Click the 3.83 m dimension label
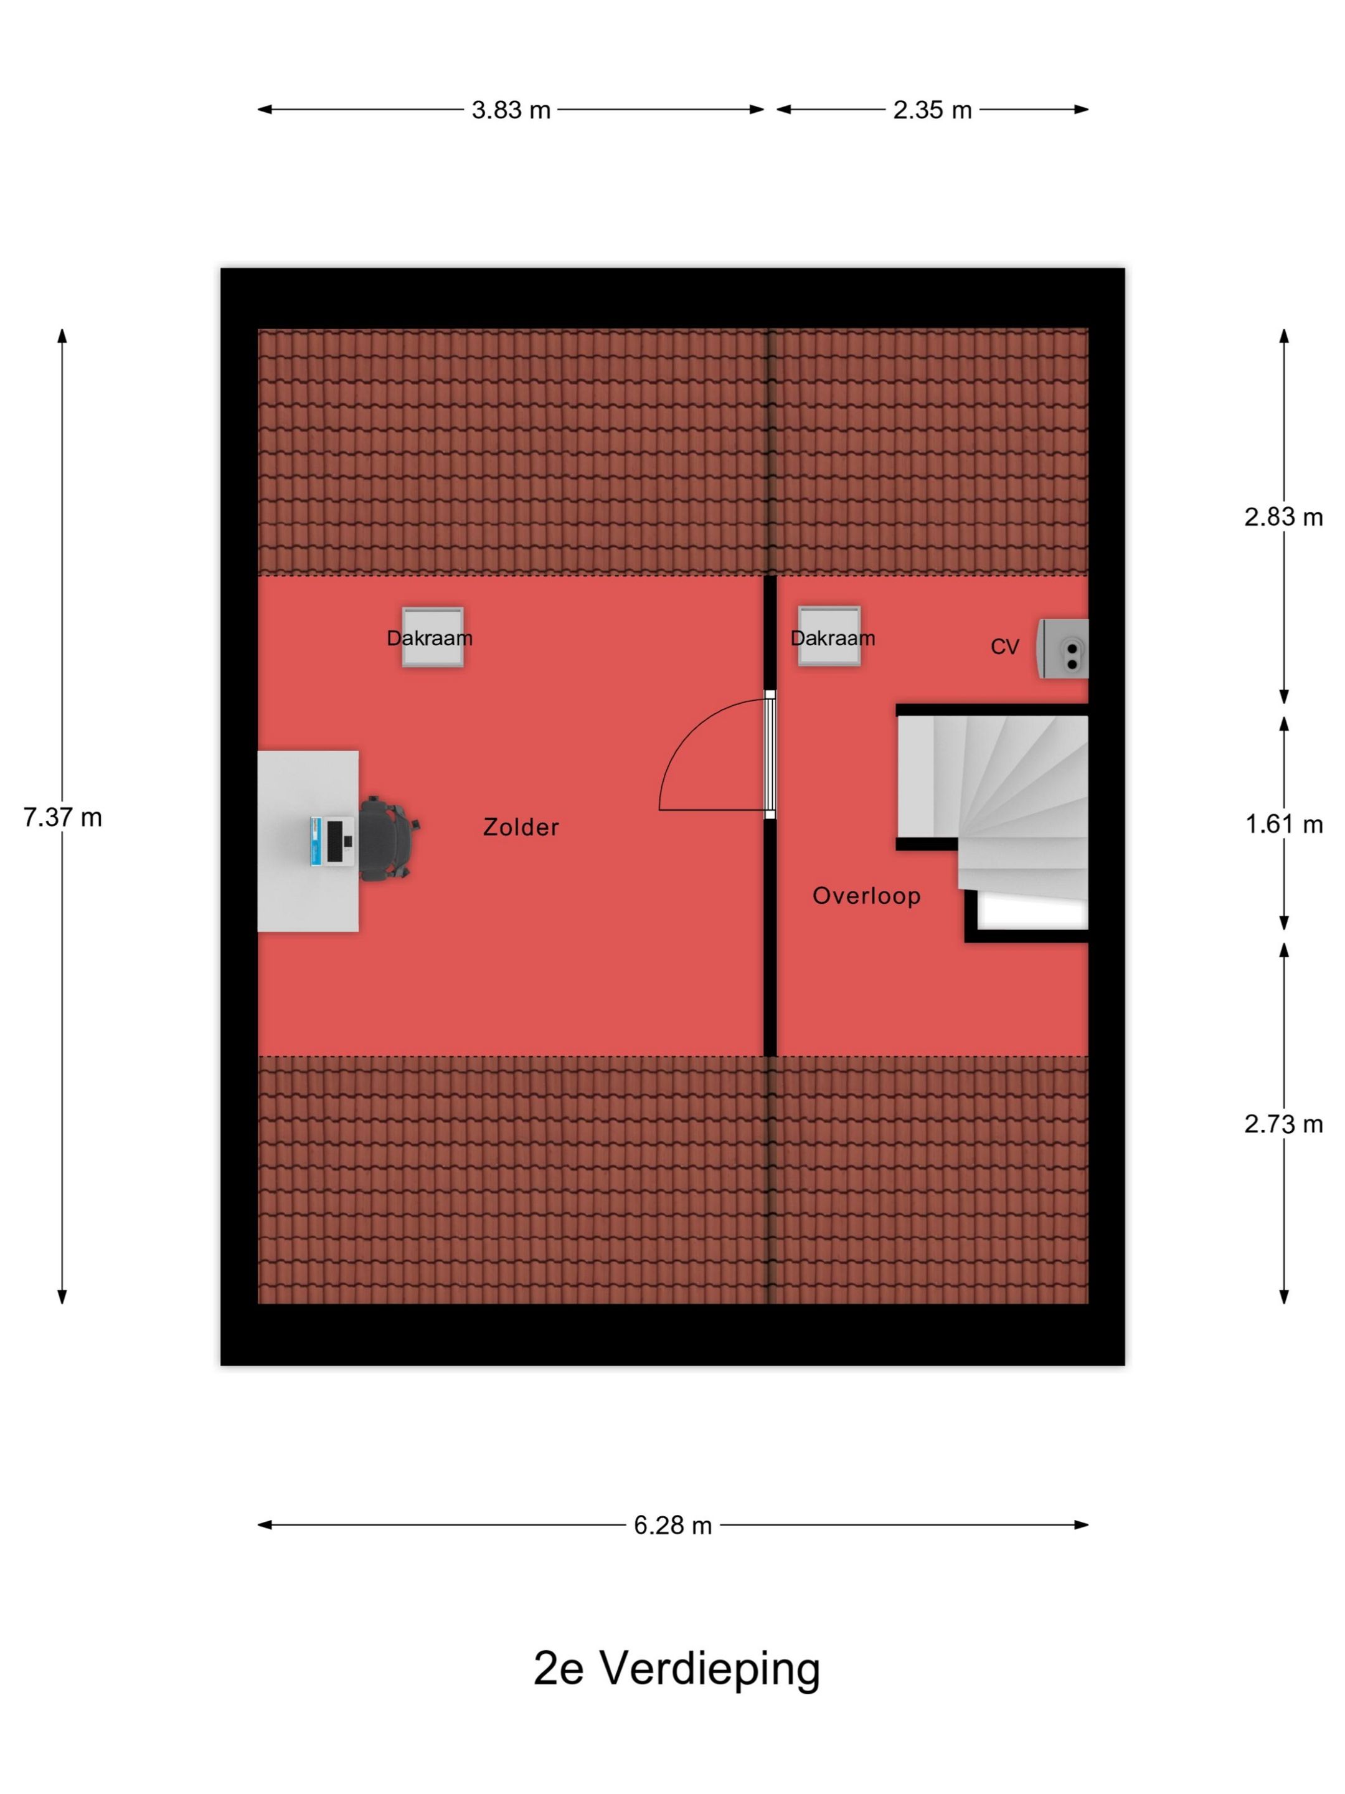pyautogui.click(x=511, y=110)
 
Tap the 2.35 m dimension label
pyautogui.click(x=932, y=110)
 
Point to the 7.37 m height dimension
pyautogui.click(x=62, y=817)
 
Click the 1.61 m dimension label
pyautogui.click(x=1283, y=824)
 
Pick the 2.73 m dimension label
pyautogui.click(x=1283, y=1124)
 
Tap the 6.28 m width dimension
pyautogui.click(x=673, y=1526)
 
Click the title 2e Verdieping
pyautogui.click(x=677, y=1668)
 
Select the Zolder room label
pyautogui.click(x=521, y=827)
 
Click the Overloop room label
pyautogui.click(x=867, y=896)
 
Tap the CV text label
pyautogui.click(x=1004, y=647)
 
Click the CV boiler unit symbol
pyautogui.click(x=1062, y=649)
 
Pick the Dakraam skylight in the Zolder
pyautogui.click(x=433, y=637)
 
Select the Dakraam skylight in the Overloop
pyautogui.click(x=829, y=637)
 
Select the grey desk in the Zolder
pyautogui.click(x=308, y=841)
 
